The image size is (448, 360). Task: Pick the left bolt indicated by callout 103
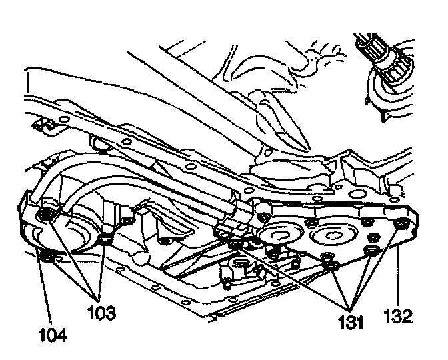[x=46, y=215]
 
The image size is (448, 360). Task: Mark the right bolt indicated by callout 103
[x=103, y=238]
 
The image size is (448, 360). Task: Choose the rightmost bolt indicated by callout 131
[x=372, y=249]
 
